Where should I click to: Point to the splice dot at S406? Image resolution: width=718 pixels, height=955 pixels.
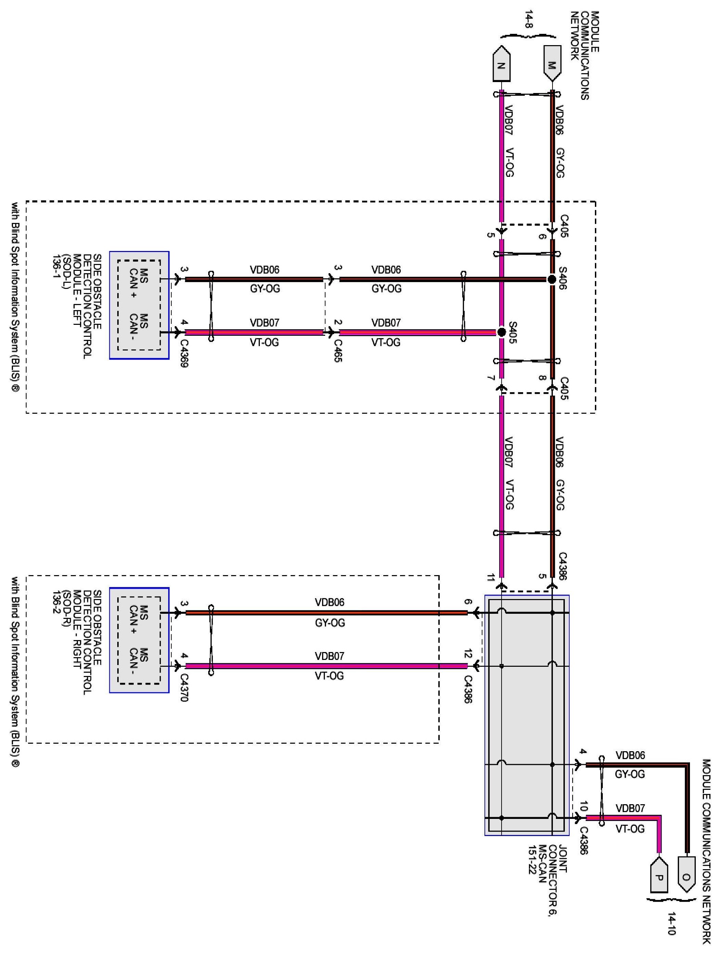point(551,279)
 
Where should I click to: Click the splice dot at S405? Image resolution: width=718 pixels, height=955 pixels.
point(501,332)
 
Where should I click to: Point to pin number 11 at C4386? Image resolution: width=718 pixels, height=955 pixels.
point(491,578)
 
